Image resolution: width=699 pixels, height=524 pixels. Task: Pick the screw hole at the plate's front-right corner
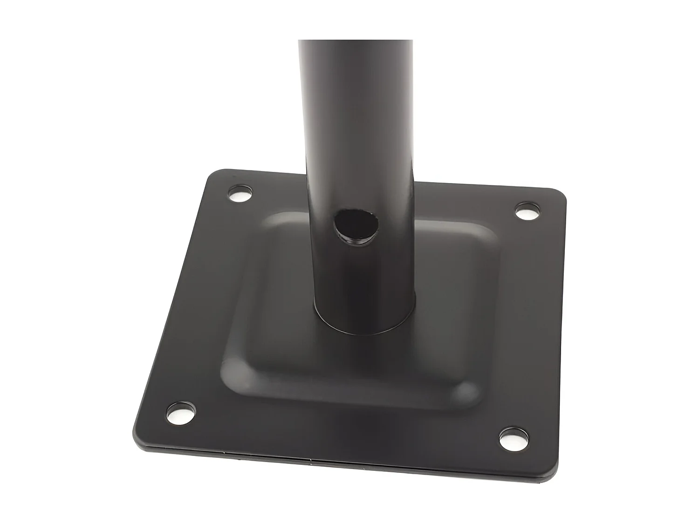click(514, 438)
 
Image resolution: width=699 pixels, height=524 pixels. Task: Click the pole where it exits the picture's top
click(355, 44)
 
